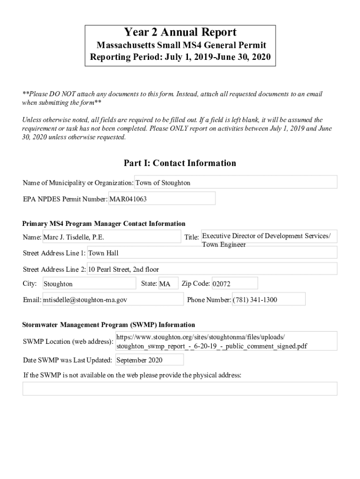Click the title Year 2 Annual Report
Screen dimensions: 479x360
(x=180, y=32)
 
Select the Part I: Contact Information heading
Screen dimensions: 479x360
(x=180, y=163)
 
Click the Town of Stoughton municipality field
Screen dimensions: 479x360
(x=236, y=182)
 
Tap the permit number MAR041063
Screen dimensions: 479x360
(x=162, y=199)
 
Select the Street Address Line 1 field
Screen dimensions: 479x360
(x=212, y=253)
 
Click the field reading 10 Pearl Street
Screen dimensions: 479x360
(x=212, y=269)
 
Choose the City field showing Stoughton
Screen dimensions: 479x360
(x=89, y=284)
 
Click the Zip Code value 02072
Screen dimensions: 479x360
(x=234, y=284)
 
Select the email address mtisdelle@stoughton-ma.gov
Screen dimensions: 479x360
(x=112, y=300)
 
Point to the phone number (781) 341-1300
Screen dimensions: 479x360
(x=268, y=300)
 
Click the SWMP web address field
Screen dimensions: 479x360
(x=226, y=341)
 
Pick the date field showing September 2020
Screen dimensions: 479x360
(x=149, y=360)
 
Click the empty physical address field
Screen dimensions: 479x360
(x=180, y=389)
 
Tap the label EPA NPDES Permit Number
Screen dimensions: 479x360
(x=65, y=199)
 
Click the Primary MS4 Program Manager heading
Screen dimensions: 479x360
(x=104, y=224)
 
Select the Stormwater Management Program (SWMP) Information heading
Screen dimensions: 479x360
(x=109, y=325)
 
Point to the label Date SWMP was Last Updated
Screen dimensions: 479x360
(x=67, y=360)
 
